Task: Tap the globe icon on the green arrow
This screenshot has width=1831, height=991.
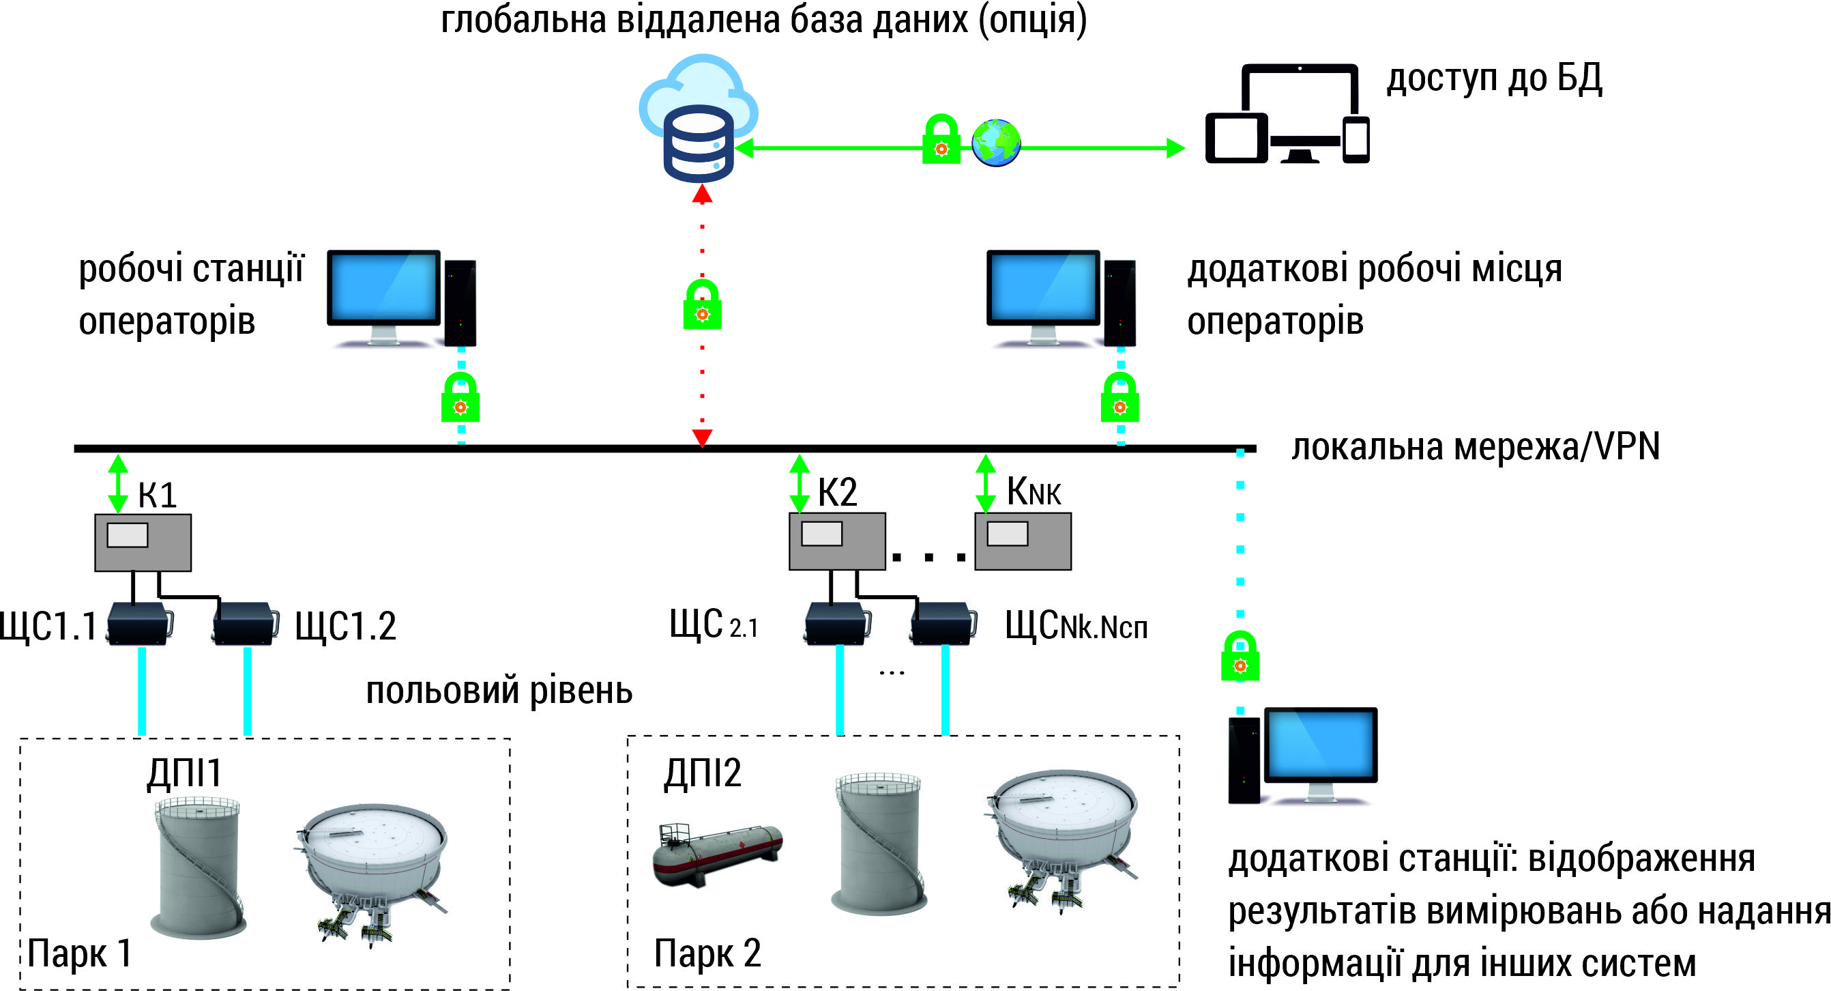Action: pos(996,143)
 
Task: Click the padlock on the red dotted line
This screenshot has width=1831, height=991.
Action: pos(702,305)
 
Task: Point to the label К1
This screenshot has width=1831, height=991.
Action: pos(157,495)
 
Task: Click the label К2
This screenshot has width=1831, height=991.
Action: pos(837,492)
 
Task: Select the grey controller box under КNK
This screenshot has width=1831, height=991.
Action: pos(1022,541)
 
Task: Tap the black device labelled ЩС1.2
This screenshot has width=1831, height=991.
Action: pos(244,624)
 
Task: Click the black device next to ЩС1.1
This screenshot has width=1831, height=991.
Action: pos(139,624)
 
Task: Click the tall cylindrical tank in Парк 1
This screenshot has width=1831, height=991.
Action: pos(199,867)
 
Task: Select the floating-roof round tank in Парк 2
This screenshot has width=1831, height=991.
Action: pos(1063,835)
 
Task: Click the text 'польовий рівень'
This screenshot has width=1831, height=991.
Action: pos(499,690)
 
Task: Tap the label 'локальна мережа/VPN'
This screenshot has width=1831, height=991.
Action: pos(1475,447)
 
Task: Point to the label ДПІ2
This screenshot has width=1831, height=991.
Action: pos(702,773)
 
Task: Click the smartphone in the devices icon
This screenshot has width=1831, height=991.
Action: pos(1356,140)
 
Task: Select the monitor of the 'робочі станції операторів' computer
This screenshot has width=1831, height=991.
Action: pos(384,289)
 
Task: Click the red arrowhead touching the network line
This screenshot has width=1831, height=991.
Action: pos(702,437)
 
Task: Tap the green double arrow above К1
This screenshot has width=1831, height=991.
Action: pos(118,484)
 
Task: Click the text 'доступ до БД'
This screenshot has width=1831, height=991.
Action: pos(1494,78)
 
